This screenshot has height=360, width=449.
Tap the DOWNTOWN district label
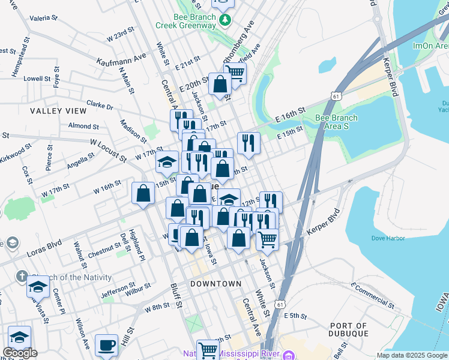click(x=216, y=283)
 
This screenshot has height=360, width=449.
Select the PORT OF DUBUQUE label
click(x=357, y=331)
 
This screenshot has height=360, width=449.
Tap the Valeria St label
click(x=43, y=19)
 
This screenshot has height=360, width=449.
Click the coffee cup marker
click(x=106, y=345)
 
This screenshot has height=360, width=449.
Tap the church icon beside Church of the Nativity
click(x=22, y=277)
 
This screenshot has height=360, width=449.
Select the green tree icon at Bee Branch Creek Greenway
click(x=225, y=21)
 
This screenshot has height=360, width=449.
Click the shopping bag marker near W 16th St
click(x=143, y=193)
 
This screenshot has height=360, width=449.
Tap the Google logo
click(x=20, y=353)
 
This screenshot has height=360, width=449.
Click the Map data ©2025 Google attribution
click(x=412, y=355)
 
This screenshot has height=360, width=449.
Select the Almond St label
click(x=83, y=126)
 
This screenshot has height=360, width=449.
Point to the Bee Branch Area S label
click(x=336, y=122)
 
